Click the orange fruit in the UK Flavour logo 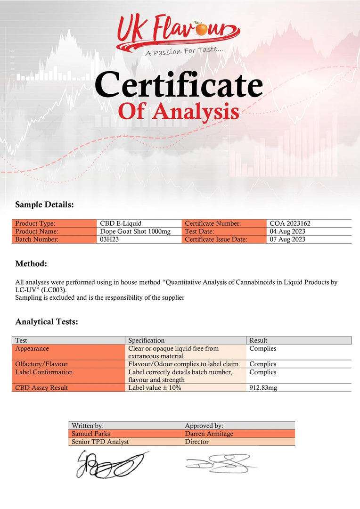pos(202,30)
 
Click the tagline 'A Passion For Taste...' pos(184,50)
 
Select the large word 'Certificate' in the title pos(179,85)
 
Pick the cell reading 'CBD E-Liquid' pos(121,224)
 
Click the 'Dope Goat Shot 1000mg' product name pos(135,231)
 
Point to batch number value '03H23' pos(109,239)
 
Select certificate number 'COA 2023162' pos(290,224)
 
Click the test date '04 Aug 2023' pos(287,231)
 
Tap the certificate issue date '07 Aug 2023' pos(287,239)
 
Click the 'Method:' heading pos(31,263)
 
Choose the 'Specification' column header pos(147,340)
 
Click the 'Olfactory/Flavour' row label pos(41,364)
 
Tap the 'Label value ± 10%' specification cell pos(155,388)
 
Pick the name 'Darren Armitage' pos(209,434)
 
